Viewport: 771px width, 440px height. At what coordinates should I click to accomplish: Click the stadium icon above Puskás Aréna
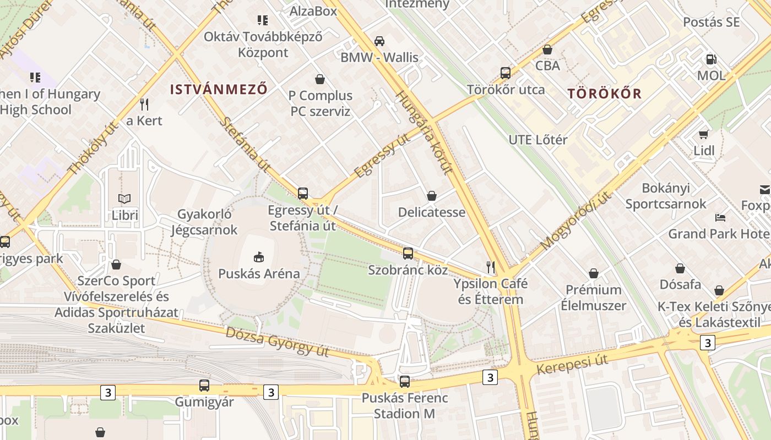[x=259, y=256]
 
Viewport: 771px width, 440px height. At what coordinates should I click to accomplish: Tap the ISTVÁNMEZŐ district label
[x=219, y=89]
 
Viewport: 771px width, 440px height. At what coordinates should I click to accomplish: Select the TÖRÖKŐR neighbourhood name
[x=605, y=94]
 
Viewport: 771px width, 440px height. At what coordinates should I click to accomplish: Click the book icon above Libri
[x=125, y=199]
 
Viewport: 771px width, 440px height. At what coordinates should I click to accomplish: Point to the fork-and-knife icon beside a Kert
[x=144, y=104]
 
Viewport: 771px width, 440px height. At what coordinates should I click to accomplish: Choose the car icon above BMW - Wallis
[x=379, y=41]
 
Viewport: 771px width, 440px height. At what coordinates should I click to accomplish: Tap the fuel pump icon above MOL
[x=712, y=59]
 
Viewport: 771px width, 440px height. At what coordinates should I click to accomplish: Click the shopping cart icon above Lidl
[x=704, y=134]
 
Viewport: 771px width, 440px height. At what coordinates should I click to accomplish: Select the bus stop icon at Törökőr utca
[x=505, y=73]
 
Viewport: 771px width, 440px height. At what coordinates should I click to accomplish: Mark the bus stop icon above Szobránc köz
[x=408, y=254]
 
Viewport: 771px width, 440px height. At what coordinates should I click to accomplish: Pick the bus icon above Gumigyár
[x=204, y=386]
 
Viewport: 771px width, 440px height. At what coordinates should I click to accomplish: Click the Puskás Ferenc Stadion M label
[x=404, y=406]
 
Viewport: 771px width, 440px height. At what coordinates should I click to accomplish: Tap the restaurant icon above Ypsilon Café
[x=490, y=267]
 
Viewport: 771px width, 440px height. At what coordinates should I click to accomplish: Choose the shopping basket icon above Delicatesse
[x=432, y=196]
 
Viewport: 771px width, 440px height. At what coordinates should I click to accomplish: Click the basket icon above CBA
[x=547, y=50]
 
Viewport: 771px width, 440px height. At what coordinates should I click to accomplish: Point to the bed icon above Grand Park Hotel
[x=720, y=217]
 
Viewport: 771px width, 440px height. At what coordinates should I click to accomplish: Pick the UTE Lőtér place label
[x=537, y=140]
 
